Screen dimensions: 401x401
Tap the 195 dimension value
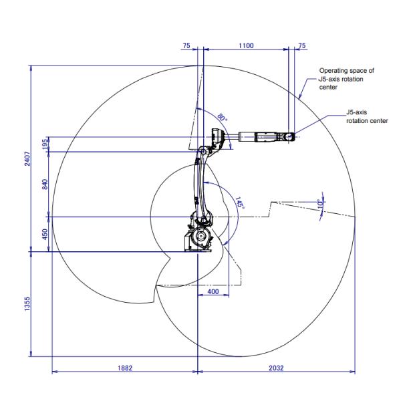(45, 144)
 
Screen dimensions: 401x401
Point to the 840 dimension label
(45, 184)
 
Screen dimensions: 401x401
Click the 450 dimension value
(45, 234)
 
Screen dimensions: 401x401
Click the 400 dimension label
(213, 292)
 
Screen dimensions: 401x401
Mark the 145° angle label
(239, 204)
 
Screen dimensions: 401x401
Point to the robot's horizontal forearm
(257, 138)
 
